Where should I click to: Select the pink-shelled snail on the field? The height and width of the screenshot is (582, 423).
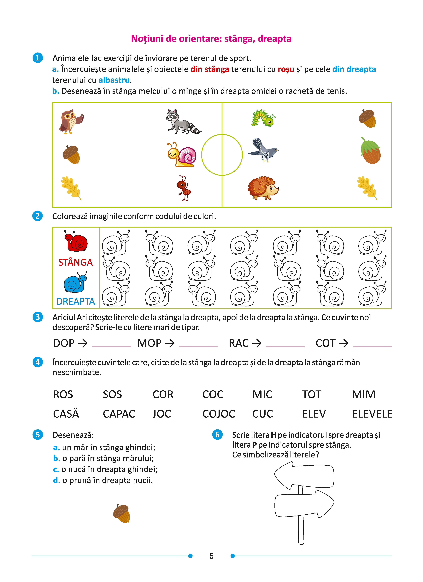[x=182, y=154]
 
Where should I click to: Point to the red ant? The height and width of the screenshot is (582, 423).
[x=184, y=188]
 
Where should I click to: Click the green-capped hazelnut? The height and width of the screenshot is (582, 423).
[x=370, y=151]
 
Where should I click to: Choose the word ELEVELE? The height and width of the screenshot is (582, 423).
[x=372, y=414]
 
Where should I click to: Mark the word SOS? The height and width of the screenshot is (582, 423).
[x=112, y=394]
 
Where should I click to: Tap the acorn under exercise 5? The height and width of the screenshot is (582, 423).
[x=122, y=513]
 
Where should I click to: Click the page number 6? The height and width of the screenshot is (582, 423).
[x=211, y=556]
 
